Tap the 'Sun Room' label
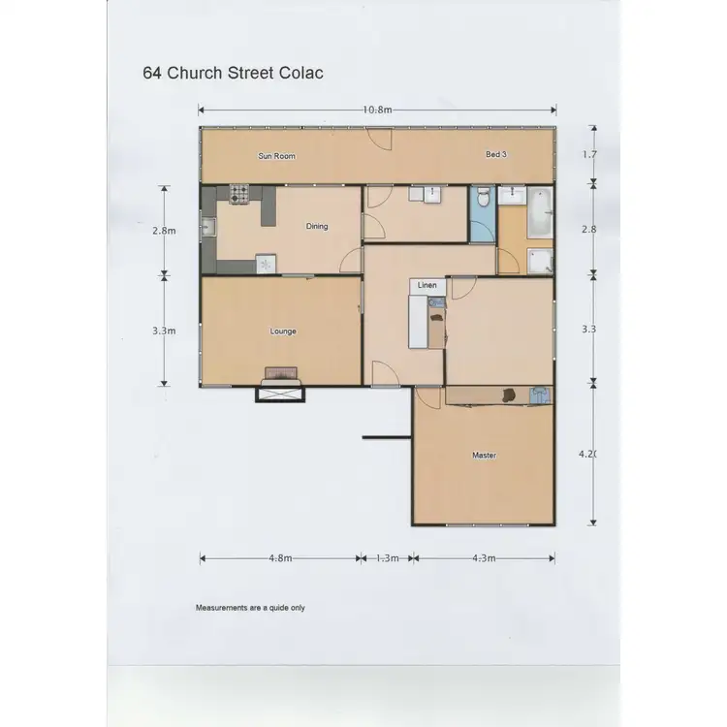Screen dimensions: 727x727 276,155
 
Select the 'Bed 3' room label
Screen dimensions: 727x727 496,154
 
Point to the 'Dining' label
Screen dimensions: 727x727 317,226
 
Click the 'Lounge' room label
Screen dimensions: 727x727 282,332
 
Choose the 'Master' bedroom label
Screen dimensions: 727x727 484,455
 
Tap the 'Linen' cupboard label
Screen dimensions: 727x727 427,286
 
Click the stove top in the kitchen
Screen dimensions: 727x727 239,193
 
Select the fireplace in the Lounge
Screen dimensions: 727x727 280,376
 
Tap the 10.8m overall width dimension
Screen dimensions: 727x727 377,110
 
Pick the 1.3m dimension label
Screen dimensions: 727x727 387,557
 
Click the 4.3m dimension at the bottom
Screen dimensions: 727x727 483,557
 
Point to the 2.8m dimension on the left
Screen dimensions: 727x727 164,231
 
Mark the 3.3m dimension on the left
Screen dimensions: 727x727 164,331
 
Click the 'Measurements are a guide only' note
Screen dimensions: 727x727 250,608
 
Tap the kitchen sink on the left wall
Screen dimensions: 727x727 208,229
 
